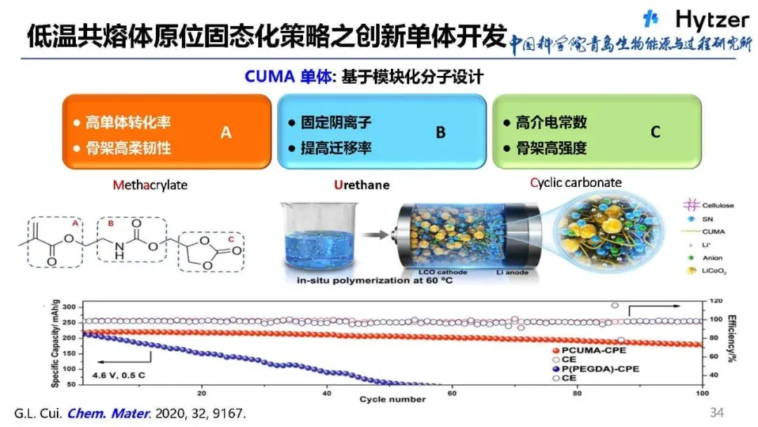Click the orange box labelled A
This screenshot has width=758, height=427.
click(x=167, y=132)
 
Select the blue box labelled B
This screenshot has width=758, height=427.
click(x=382, y=132)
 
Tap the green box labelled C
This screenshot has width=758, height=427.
click(x=597, y=132)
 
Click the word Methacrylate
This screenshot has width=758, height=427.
click(x=150, y=185)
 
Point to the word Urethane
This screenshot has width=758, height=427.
click(x=361, y=185)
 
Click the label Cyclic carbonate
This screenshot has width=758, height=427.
click(x=576, y=183)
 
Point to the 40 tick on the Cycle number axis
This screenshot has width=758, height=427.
click(x=326, y=392)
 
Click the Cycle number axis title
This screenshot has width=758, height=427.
click(x=392, y=400)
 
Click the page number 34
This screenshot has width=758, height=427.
click(x=716, y=412)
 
